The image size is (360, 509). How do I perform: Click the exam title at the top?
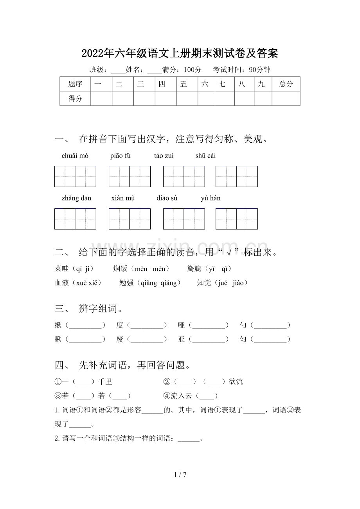180,53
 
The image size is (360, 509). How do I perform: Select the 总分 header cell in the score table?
286,84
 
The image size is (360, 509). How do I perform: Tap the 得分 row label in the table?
75,99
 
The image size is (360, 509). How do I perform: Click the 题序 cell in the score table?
75,84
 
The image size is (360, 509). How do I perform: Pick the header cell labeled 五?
184,84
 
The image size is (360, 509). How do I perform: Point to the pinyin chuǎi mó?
75,156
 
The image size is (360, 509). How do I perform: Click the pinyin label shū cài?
205,156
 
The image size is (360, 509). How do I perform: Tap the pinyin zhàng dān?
76,198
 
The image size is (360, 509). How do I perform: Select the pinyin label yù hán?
211,198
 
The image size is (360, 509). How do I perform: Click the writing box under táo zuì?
184,176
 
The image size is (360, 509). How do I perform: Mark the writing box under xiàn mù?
130,219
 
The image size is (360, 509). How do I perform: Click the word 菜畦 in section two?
62,269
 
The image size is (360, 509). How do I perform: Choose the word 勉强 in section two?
126,283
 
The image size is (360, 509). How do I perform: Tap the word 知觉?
204,283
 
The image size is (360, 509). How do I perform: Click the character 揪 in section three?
58,325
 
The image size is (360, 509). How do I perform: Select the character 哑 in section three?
181,325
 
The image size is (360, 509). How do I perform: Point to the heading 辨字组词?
101,309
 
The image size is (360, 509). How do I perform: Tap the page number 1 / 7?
180,475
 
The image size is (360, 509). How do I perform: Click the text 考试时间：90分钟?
241,70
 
